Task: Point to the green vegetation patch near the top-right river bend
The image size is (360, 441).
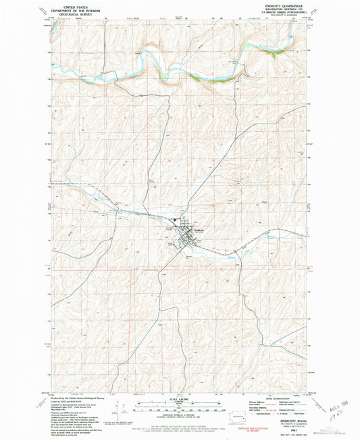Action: point(272,55)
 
